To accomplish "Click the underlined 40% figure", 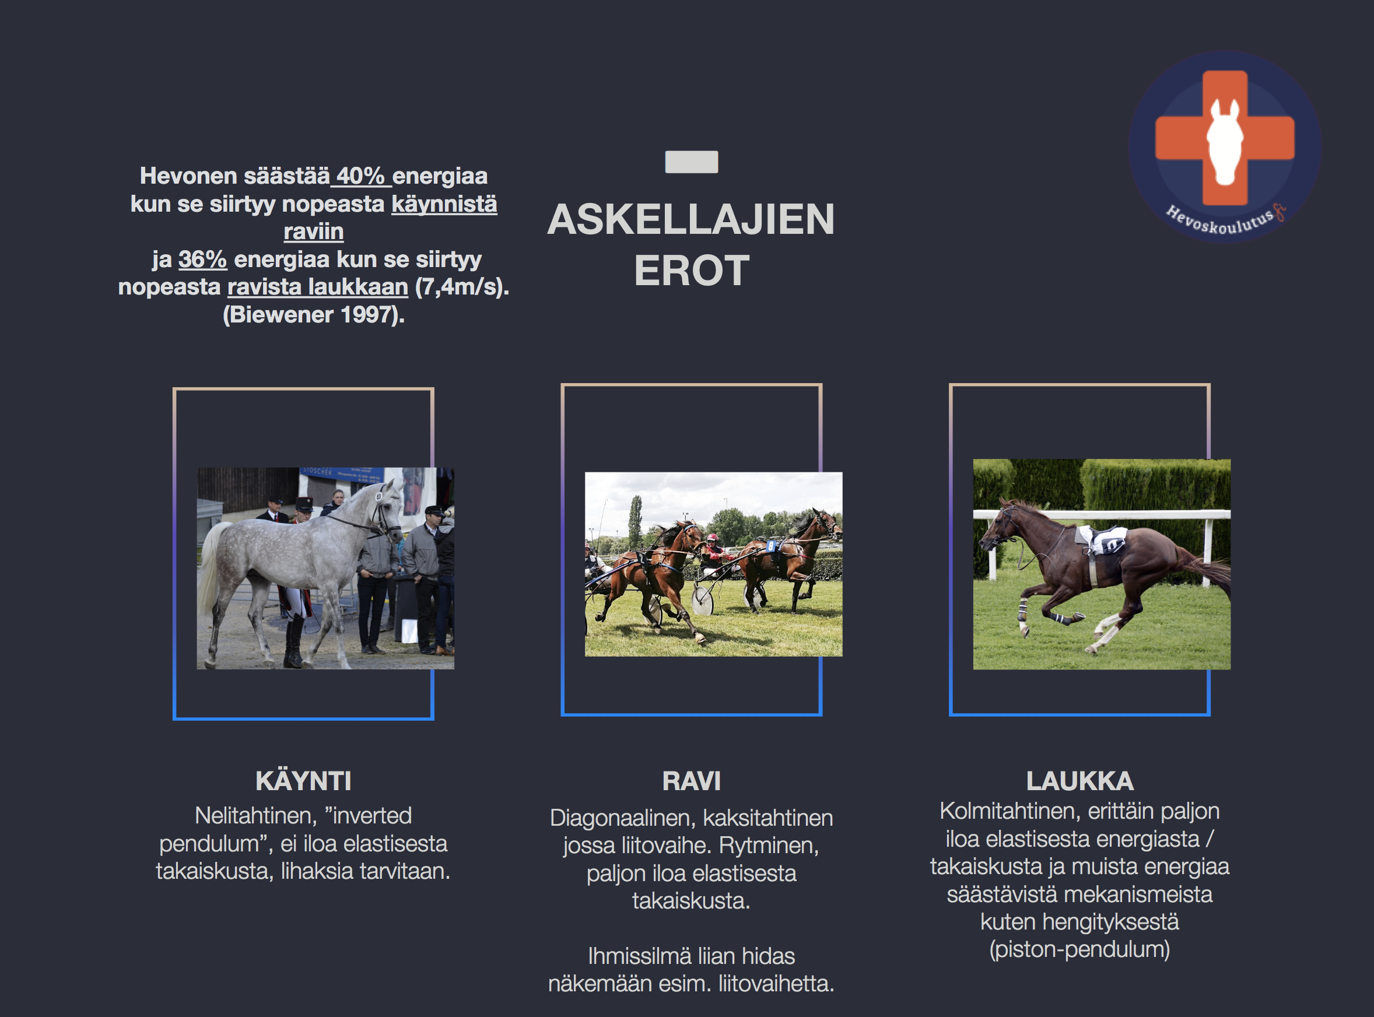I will (360, 176).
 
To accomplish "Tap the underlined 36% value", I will (202, 259).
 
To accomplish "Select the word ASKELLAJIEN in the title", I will (690, 219).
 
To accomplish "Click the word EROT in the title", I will (691, 271).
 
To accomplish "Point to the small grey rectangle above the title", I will (691, 162).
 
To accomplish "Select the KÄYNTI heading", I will (303, 781).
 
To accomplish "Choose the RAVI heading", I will (691, 781).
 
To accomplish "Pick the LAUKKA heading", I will (1079, 781).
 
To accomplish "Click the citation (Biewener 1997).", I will (313, 314).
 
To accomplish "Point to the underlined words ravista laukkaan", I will (318, 287).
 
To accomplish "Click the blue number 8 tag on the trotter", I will (770, 546).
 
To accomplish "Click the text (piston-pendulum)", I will (1079, 949).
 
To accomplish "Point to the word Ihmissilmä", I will (630, 956).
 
